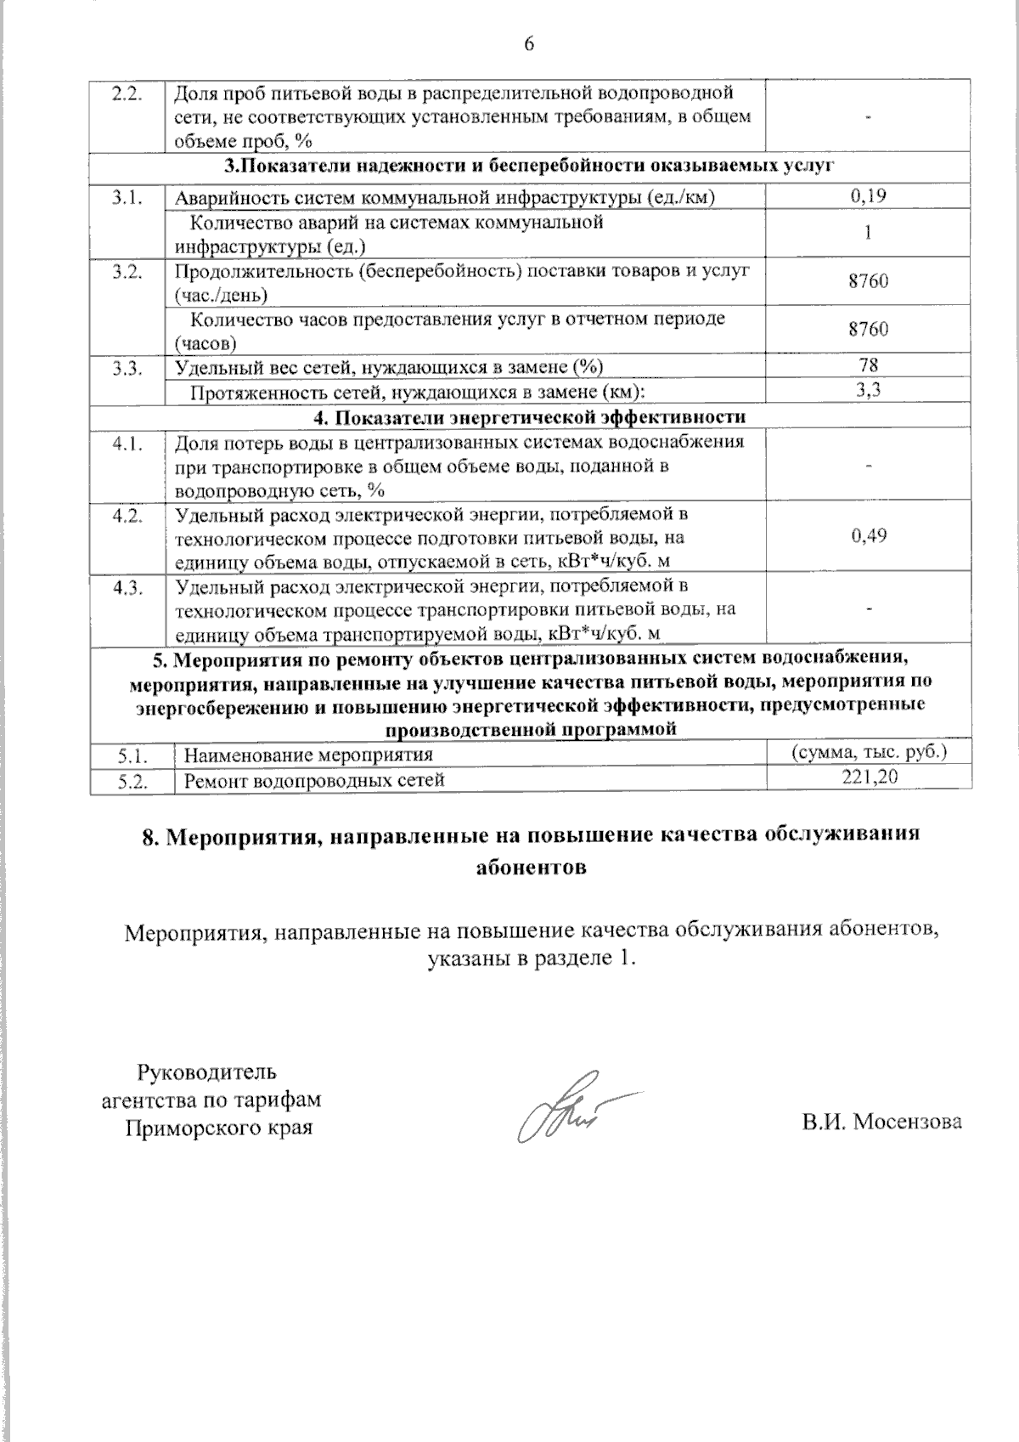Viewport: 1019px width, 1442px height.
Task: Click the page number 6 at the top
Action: click(529, 44)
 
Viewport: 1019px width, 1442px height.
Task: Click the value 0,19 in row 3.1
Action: click(868, 197)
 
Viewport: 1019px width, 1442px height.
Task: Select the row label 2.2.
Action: click(126, 92)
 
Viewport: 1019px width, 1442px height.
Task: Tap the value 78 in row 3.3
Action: click(868, 365)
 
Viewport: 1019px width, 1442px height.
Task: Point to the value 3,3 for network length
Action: click(868, 390)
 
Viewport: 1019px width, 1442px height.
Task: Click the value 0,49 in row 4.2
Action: click(868, 535)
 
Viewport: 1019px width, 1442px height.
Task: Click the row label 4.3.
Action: click(126, 588)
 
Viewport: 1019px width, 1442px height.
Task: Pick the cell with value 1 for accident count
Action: click(868, 233)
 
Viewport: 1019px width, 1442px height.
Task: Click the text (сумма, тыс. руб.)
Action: click(869, 752)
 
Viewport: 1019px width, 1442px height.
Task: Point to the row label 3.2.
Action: click(126, 271)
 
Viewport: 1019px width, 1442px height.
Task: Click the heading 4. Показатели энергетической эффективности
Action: click(530, 416)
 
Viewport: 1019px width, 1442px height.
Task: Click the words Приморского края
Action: click(218, 1128)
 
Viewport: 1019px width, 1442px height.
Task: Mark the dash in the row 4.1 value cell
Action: click(868, 464)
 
